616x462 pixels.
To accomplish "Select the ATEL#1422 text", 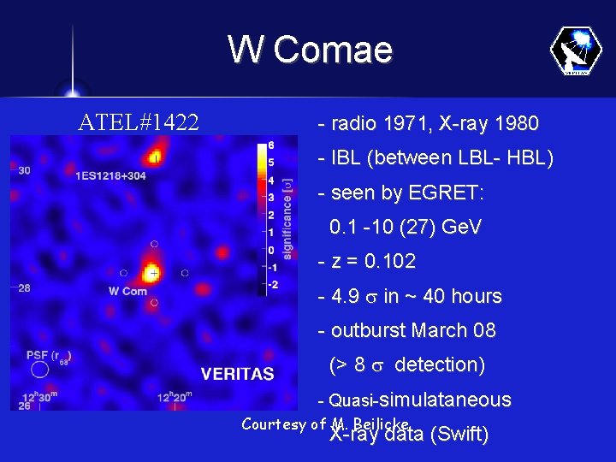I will point(139,123).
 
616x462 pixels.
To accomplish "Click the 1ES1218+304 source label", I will point(110,175).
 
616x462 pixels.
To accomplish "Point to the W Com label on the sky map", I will point(127,291).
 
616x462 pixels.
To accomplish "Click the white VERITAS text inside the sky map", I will point(237,373).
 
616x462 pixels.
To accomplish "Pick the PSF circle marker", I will point(39,370).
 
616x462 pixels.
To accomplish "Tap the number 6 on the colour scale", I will point(271,145).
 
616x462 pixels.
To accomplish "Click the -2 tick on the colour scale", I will point(271,284).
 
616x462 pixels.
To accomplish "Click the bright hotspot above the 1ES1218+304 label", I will point(155,156).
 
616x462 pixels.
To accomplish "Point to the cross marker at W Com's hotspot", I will point(153,273).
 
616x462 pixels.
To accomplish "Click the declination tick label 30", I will point(24,170).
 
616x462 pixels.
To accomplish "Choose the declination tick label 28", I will point(24,288).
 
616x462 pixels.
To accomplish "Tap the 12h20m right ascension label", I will point(175,397).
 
